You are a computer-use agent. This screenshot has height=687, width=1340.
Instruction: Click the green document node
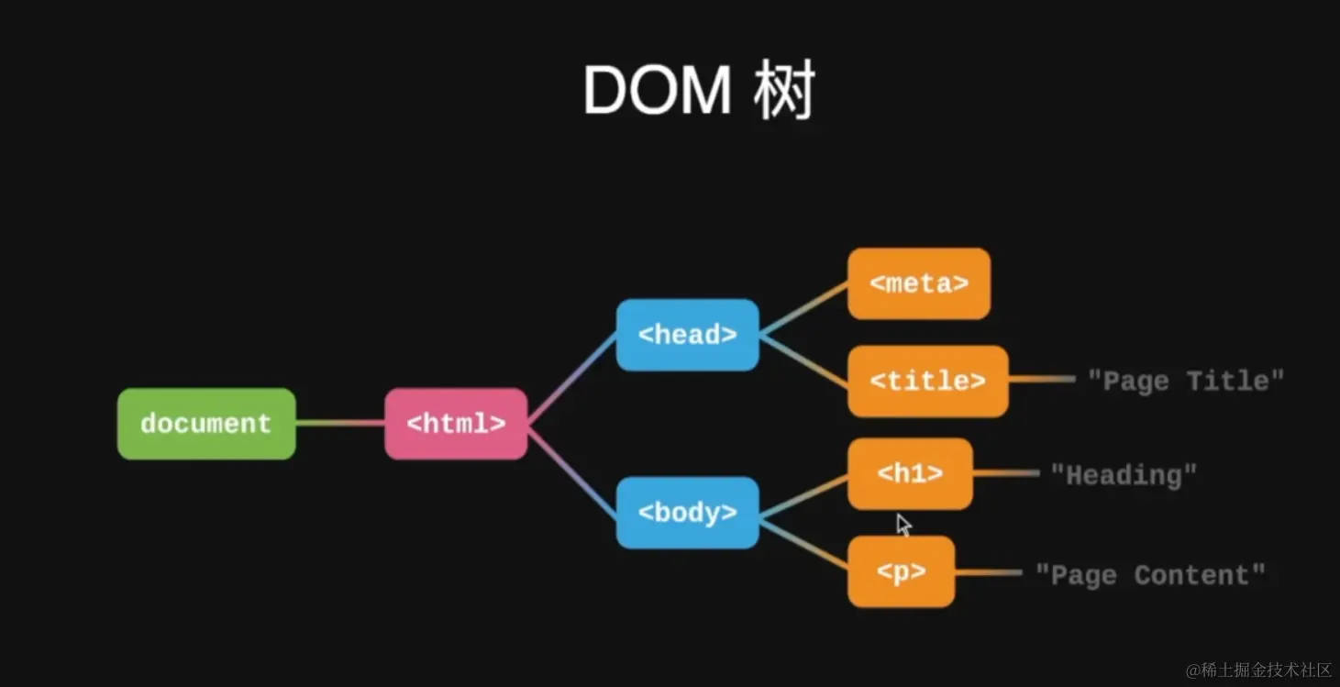pyautogui.click(x=206, y=424)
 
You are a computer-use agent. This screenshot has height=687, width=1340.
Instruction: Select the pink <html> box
pyautogui.click(x=456, y=424)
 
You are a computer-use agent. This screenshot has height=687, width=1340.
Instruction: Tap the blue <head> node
pyautogui.click(x=687, y=335)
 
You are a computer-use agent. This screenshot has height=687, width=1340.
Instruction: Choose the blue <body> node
pyautogui.click(x=687, y=512)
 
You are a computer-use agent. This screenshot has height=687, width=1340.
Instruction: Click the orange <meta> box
pyautogui.click(x=919, y=283)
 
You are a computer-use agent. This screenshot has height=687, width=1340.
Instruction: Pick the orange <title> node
pyautogui.click(x=928, y=381)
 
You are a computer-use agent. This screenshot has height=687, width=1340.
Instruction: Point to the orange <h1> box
pyautogui.click(x=910, y=473)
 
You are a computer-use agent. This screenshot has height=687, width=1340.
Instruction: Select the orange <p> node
pyautogui.click(x=901, y=571)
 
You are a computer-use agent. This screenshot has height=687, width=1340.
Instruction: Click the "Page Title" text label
pyautogui.click(x=1186, y=381)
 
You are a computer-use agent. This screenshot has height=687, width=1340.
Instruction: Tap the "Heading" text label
pyautogui.click(x=1124, y=475)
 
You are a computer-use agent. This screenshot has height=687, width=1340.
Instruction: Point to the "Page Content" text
pyautogui.click(x=1150, y=575)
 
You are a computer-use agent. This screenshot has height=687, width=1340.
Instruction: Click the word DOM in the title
pyautogui.click(x=657, y=91)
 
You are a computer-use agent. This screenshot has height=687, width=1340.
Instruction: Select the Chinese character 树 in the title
pyautogui.click(x=784, y=90)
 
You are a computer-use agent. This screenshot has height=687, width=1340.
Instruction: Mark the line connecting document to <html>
pyautogui.click(x=340, y=423)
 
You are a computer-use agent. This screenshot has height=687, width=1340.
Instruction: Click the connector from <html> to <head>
pyautogui.click(x=572, y=379)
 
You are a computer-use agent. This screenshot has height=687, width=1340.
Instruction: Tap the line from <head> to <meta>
pyautogui.click(x=803, y=309)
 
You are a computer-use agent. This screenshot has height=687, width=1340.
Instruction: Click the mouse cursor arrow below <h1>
pyautogui.click(x=903, y=525)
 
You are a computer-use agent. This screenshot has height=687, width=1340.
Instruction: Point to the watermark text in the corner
pyautogui.click(x=1258, y=670)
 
